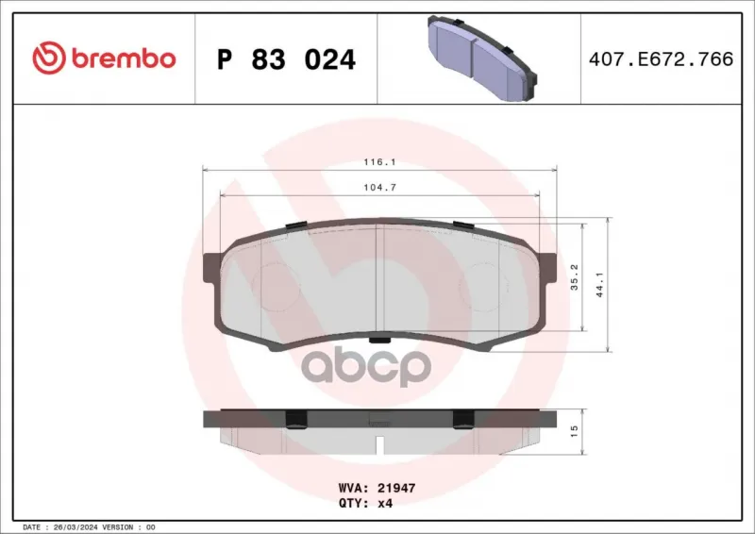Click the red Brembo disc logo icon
pos(49,58)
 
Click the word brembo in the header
pos(124,58)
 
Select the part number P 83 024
pos(286,59)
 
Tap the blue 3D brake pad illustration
pos(482,58)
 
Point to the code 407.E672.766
pos(662,59)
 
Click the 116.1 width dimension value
pos(380,162)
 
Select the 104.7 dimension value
pos(380,188)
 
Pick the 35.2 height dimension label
pos(575,276)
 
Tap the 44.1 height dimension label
pos(600,284)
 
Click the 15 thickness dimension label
pos(574,431)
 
